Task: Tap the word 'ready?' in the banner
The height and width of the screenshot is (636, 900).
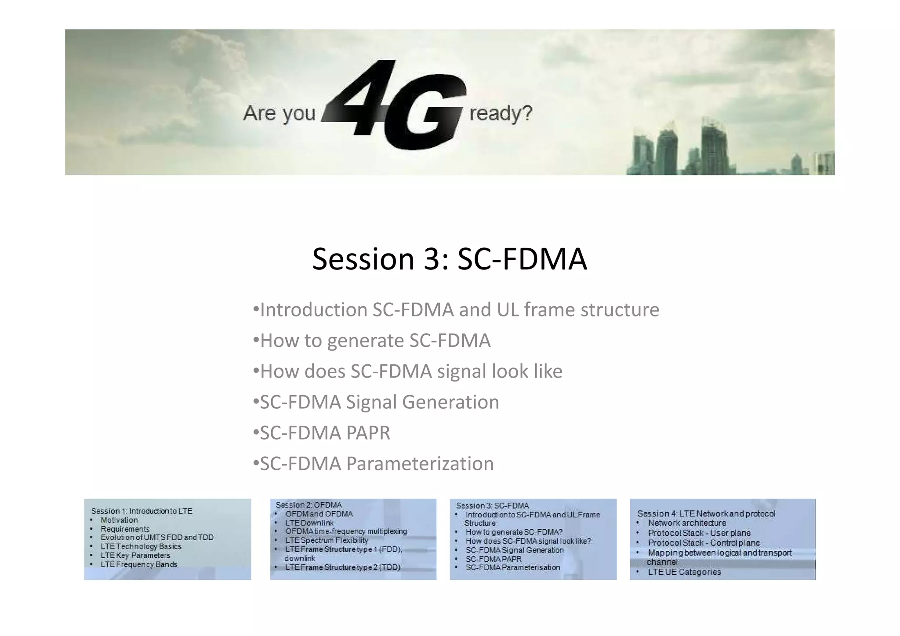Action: [x=501, y=113]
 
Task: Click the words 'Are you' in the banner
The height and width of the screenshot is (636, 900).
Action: [x=279, y=113]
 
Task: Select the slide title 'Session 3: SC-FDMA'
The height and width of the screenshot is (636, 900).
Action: [x=449, y=259]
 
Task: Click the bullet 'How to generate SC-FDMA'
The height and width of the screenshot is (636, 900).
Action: [x=375, y=341]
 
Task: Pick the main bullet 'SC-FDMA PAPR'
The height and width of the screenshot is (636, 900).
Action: [x=325, y=433]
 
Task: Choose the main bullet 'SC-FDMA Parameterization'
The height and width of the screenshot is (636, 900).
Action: [x=377, y=464]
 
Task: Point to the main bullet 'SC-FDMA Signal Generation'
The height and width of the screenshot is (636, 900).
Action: [x=379, y=402]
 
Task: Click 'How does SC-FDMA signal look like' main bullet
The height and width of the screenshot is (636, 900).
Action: [x=411, y=371]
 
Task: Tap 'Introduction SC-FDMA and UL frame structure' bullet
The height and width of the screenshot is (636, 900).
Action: [x=459, y=310]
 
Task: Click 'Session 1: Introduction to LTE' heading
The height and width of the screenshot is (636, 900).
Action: [x=142, y=511]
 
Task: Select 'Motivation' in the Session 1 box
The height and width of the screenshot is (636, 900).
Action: [x=119, y=520]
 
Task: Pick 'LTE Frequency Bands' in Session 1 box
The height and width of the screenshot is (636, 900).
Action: [x=139, y=564]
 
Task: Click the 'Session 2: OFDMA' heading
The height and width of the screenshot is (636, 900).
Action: [x=308, y=505]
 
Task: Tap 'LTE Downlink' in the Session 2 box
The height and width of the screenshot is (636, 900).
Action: [x=309, y=523]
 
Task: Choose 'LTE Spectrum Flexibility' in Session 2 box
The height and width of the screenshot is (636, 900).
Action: [x=327, y=541]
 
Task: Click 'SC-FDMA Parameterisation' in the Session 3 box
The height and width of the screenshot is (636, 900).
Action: [x=513, y=567]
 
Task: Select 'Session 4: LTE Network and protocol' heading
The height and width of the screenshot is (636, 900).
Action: [x=706, y=514]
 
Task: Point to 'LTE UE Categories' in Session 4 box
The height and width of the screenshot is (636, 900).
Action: [x=684, y=572]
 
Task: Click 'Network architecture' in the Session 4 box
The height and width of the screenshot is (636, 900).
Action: [x=687, y=523]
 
